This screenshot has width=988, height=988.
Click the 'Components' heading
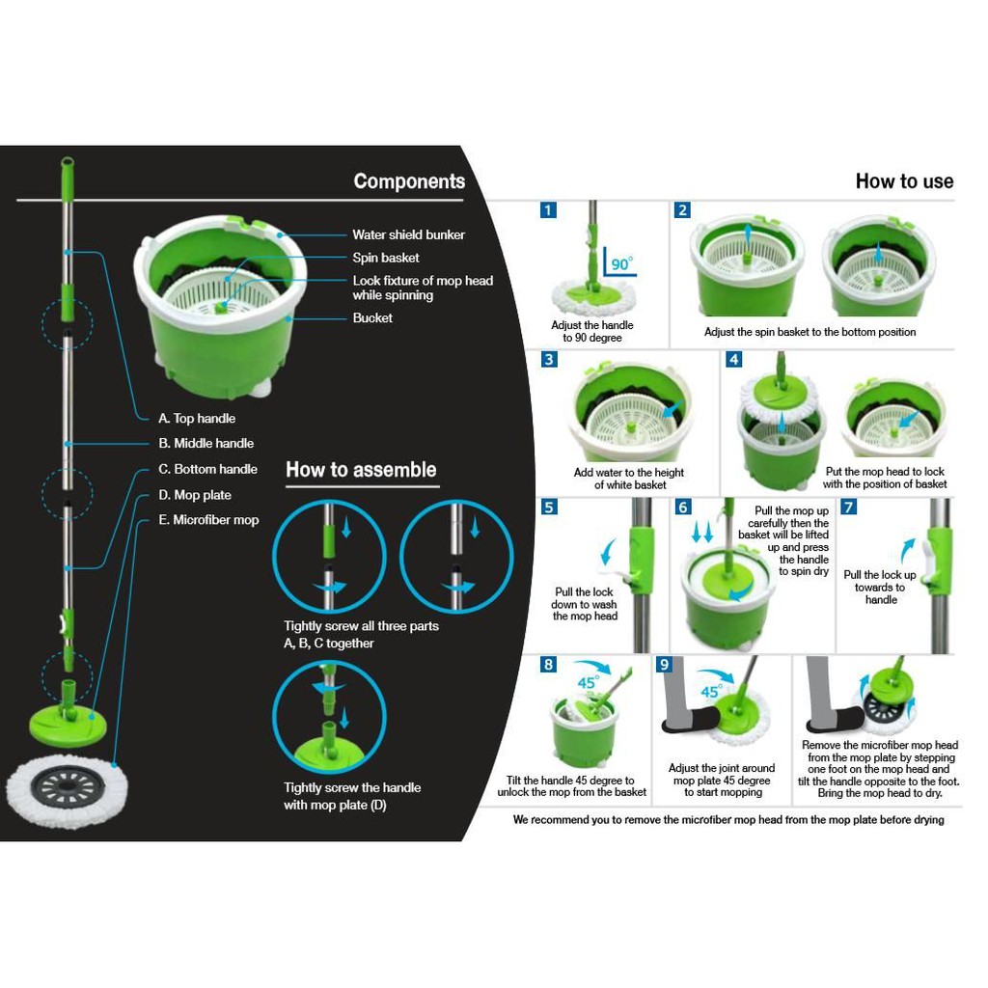(409, 181)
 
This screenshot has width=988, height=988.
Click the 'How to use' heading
(904, 181)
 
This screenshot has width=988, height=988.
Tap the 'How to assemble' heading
(361, 470)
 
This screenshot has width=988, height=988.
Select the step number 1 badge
(548, 210)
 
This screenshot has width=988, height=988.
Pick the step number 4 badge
(734, 359)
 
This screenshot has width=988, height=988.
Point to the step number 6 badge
(683, 507)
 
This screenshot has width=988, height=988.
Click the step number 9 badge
(664, 664)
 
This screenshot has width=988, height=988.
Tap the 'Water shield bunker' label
(408, 234)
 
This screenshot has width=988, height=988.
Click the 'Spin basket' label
(385, 258)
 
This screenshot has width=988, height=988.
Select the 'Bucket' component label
(372, 317)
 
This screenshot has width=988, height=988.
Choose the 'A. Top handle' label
(197, 419)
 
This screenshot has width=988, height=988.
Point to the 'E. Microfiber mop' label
(208, 520)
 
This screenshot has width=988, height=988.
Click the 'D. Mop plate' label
(195, 495)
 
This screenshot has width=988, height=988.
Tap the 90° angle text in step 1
(621, 263)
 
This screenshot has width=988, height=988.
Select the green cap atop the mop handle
(68, 166)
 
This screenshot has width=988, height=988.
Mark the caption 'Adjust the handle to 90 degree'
(592, 332)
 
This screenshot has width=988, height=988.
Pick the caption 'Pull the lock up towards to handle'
(880, 587)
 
